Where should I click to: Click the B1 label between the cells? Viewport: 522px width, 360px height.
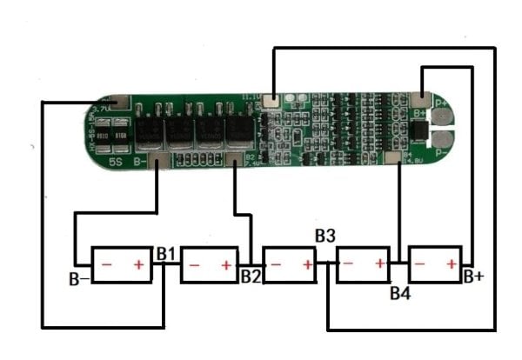point(167,253)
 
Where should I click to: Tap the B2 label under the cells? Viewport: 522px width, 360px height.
point(251,277)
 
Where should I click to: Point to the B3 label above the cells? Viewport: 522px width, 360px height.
point(325,236)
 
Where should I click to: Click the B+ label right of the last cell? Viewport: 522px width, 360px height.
point(473,277)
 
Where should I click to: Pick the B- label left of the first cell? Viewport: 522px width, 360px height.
point(78,280)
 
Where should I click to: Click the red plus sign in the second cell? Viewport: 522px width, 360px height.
point(225,265)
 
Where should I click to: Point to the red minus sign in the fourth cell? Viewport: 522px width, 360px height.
point(349,263)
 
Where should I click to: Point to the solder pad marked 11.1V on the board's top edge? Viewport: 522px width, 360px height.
point(273,100)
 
